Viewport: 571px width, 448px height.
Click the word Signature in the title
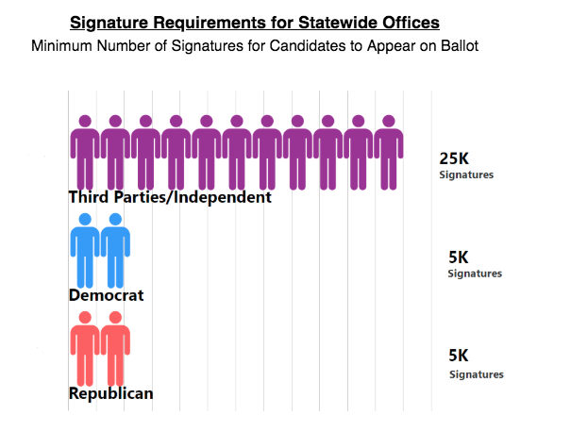[x=114, y=21]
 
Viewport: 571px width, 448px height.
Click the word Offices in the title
[x=406, y=21]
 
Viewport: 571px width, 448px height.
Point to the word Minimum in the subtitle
[x=65, y=45]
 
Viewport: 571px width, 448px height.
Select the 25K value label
[x=453, y=158]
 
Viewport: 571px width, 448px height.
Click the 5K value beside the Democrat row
[x=458, y=257]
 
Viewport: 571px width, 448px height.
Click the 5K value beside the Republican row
[x=458, y=356]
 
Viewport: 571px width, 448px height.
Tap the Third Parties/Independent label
[x=170, y=197]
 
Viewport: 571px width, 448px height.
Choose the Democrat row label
[x=106, y=295]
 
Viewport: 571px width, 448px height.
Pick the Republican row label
[x=110, y=393]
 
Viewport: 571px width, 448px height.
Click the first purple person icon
[x=85, y=151]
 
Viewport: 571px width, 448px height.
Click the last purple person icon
[x=388, y=151]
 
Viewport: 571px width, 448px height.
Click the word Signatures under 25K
[x=466, y=175]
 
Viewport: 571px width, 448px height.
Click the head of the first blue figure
[x=85, y=220]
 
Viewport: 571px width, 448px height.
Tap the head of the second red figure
[x=115, y=318]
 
